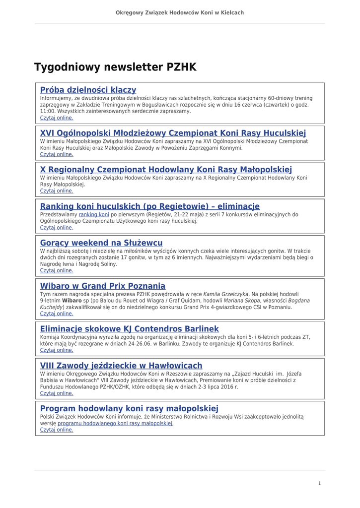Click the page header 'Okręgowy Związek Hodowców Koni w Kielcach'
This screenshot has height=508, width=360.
(180, 12)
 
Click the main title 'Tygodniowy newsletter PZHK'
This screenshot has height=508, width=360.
(115, 67)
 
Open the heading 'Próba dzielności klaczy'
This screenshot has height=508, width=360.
(88, 90)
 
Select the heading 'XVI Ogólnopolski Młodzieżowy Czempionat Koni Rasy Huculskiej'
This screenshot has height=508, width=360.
(173, 133)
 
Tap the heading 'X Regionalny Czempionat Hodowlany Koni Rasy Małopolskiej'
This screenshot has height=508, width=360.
(166, 170)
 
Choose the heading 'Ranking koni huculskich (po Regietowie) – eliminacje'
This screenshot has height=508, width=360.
(149, 206)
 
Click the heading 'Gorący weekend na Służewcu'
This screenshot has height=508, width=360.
(101, 243)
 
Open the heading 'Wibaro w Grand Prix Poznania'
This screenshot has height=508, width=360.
(102, 286)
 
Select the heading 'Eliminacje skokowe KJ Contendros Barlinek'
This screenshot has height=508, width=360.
(129, 329)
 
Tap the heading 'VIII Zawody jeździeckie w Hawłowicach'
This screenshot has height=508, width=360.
(121, 366)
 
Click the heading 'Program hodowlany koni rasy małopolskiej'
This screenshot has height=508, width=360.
(129, 409)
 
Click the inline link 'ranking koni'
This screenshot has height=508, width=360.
(94, 215)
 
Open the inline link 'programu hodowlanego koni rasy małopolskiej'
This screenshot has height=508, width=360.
(115, 424)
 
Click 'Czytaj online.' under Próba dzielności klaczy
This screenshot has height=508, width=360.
(57, 118)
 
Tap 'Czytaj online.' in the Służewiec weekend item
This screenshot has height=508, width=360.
(57, 271)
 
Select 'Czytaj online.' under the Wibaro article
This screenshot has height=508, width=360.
(57, 314)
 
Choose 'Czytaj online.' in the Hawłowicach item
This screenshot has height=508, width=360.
(57, 393)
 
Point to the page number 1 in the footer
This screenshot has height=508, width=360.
(319, 483)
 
